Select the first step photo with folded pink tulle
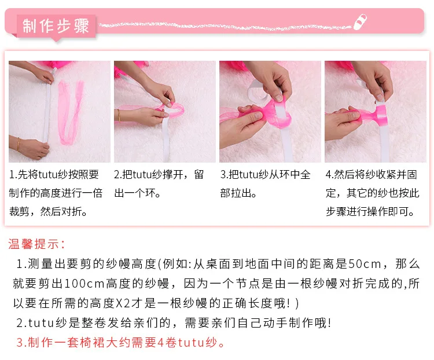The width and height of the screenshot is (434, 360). [59, 111]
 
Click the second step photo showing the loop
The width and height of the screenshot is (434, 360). [164, 111]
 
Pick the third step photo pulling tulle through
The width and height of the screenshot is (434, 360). [270, 111]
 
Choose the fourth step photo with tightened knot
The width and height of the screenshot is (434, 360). [375, 111]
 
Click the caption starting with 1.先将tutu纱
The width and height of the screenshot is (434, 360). [57, 193]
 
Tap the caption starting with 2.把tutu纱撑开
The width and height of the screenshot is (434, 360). [160, 183]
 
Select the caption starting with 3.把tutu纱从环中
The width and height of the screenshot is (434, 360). [266, 183]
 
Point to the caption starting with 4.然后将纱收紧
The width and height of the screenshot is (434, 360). [372, 193]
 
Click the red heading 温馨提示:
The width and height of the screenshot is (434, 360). [37, 244]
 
